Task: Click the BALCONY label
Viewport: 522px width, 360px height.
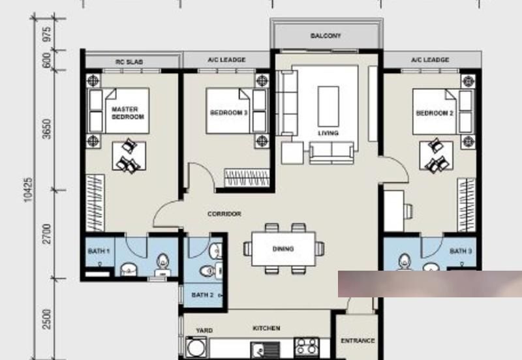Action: click(326, 36)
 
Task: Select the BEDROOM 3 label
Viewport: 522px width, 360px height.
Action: click(229, 112)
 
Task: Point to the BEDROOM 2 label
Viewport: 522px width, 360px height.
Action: click(435, 113)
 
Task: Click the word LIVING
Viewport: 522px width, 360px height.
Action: click(328, 133)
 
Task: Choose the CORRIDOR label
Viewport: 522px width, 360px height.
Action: click(224, 214)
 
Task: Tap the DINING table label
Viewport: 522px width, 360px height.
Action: click(283, 248)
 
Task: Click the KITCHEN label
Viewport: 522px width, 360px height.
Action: click(266, 328)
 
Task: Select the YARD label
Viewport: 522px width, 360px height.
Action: click(204, 331)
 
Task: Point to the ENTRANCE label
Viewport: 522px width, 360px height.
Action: click(358, 340)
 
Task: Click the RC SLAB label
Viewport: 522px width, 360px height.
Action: click(129, 62)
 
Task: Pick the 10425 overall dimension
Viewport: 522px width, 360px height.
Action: click(28, 189)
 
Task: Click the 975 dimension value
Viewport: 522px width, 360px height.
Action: click(47, 35)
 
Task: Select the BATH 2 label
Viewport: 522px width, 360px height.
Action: click(202, 295)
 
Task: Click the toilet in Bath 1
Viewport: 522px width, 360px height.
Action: click(162, 265)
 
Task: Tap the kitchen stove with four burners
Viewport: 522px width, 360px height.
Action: click(307, 346)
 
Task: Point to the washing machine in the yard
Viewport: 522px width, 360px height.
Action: click(196, 348)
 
